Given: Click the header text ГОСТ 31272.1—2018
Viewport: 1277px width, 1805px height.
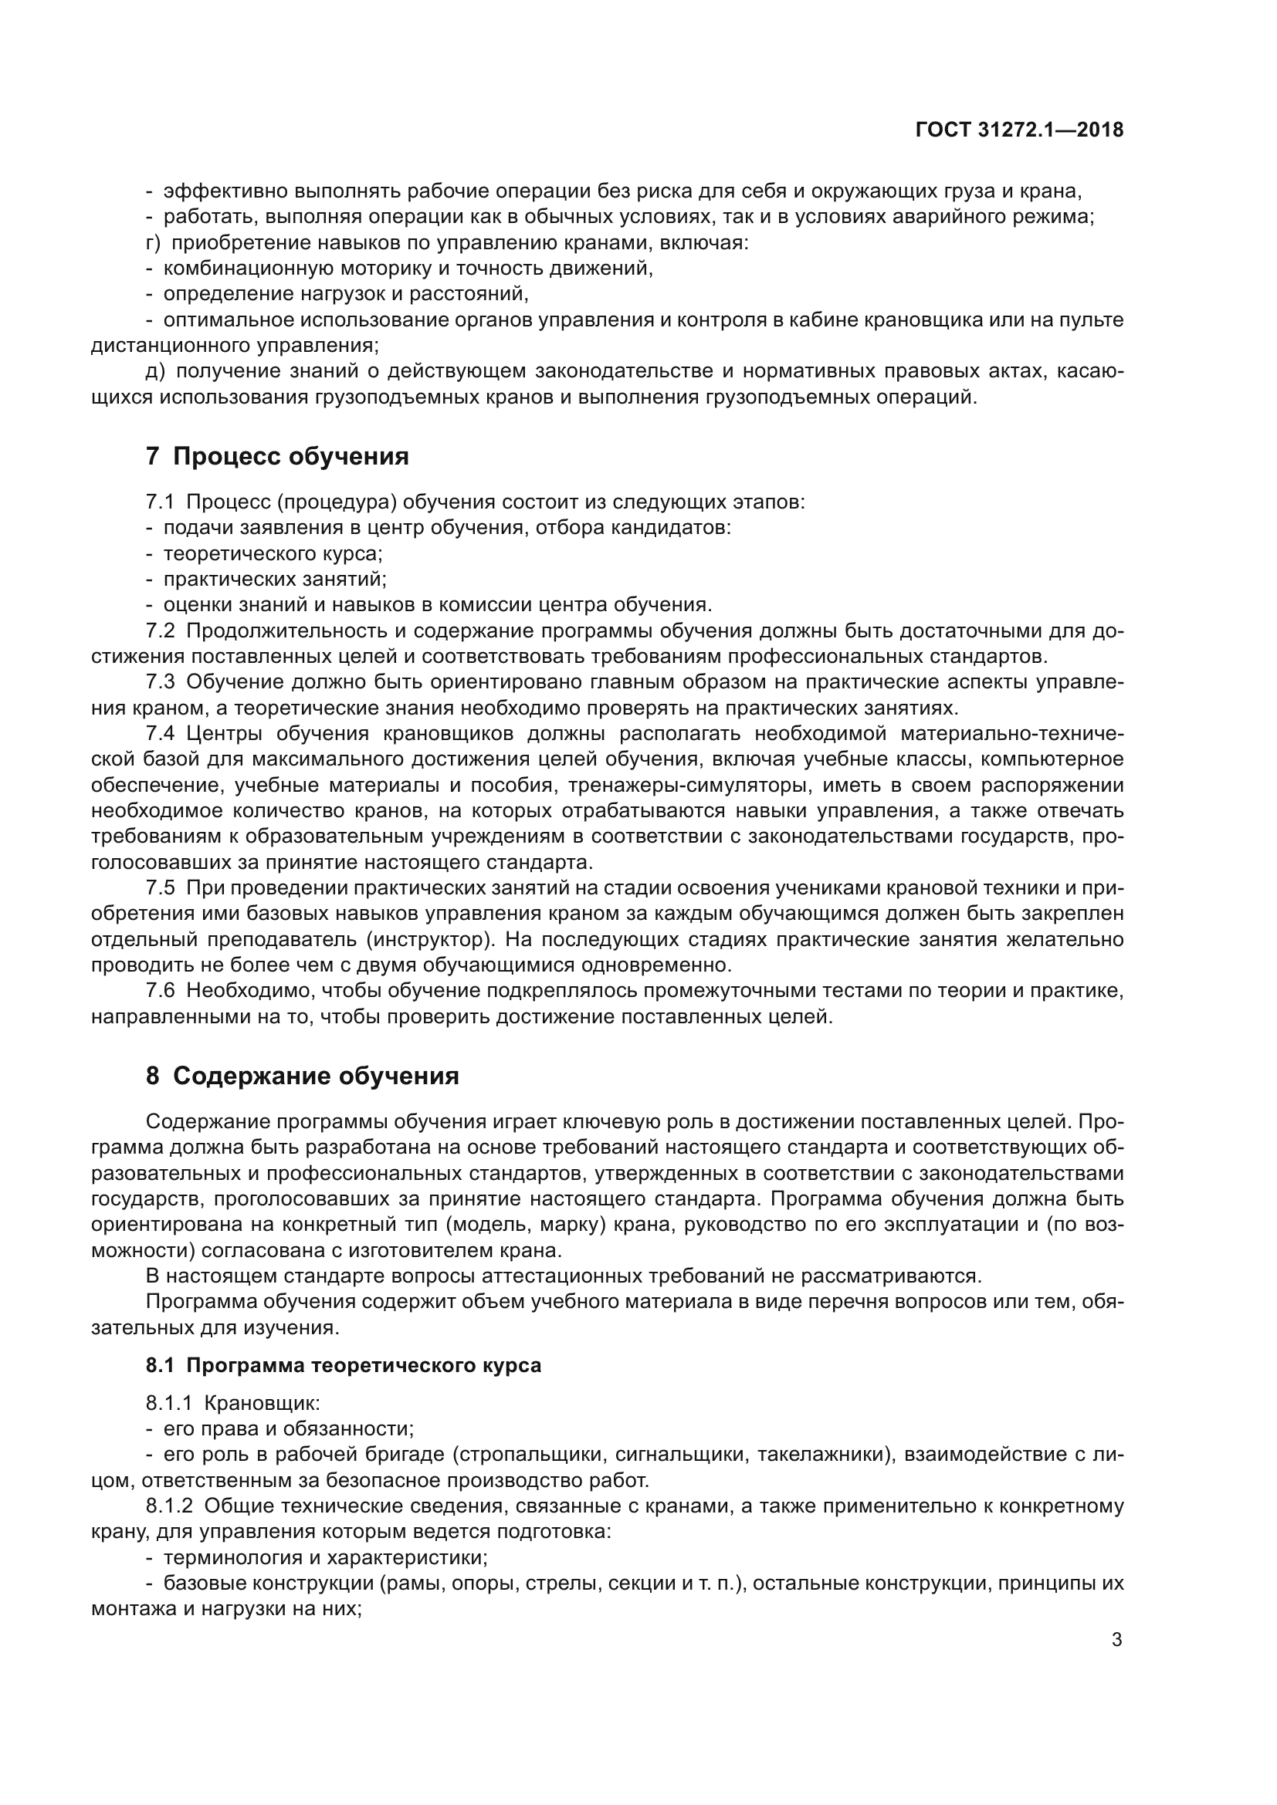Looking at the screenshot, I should pyautogui.click(x=1019, y=130).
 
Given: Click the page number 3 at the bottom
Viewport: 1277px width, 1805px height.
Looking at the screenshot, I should pyautogui.click(x=1116, y=1639).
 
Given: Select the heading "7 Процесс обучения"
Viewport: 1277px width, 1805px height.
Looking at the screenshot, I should pyautogui.click(x=277, y=456).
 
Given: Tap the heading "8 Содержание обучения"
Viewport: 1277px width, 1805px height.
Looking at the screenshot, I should pyautogui.click(x=302, y=1076).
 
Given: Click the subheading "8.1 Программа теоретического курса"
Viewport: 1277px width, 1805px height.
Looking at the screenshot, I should pyautogui.click(x=344, y=1365).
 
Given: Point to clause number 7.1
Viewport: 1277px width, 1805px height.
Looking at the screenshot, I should pyautogui.click(x=160, y=502).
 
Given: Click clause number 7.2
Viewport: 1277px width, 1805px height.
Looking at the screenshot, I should pyautogui.click(x=160, y=630).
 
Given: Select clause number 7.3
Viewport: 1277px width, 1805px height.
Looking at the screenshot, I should pyautogui.click(x=160, y=681).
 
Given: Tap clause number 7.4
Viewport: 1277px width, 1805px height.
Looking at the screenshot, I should pyautogui.click(x=160, y=733).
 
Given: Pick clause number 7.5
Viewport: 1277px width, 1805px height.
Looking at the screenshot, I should pyautogui.click(x=160, y=888).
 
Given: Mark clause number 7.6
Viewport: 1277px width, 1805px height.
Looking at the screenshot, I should pyautogui.click(x=160, y=992).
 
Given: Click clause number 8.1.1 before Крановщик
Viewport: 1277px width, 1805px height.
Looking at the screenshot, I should pyautogui.click(x=168, y=1402).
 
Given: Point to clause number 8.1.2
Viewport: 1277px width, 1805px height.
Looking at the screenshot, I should pyautogui.click(x=168, y=1506).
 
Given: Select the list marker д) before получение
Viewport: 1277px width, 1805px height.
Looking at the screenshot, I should pyautogui.click(x=154, y=372).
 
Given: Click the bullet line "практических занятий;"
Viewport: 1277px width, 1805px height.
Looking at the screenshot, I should pyautogui.click(x=275, y=580).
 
